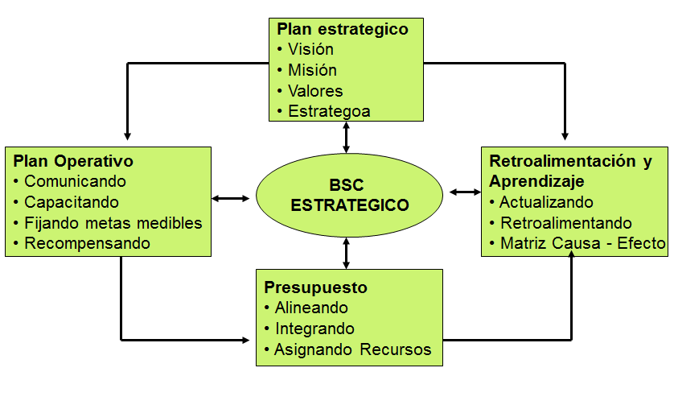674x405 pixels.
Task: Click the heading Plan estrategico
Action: pos(343,30)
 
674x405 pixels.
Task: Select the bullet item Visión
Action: pos(310,49)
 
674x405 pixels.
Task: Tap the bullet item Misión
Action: pos(312,70)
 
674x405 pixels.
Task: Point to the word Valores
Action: pos(315,91)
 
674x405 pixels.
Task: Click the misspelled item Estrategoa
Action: pos(329,111)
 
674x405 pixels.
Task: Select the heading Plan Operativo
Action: pos(73,161)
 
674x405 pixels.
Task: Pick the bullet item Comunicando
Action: pos(75,182)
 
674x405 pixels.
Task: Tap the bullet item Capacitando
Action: pos(72,202)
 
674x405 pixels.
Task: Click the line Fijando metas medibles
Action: pos(113,223)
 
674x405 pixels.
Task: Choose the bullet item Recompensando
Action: pos(87,244)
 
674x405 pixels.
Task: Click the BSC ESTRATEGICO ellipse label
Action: pos(349,195)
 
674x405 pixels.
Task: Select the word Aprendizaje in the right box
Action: pos(536,182)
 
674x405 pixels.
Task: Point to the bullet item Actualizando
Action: pos(546,202)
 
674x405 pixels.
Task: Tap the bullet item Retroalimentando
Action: pos(565,223)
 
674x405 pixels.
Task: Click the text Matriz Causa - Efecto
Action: pos(582,244)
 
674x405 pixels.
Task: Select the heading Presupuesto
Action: pos(315,287)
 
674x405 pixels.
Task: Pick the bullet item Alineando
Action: pos(311,308)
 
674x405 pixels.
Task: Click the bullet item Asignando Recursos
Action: pos(352,349)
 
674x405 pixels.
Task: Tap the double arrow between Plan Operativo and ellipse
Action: pos(231,198)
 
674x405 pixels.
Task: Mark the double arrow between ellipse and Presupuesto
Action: pos(346,254)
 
